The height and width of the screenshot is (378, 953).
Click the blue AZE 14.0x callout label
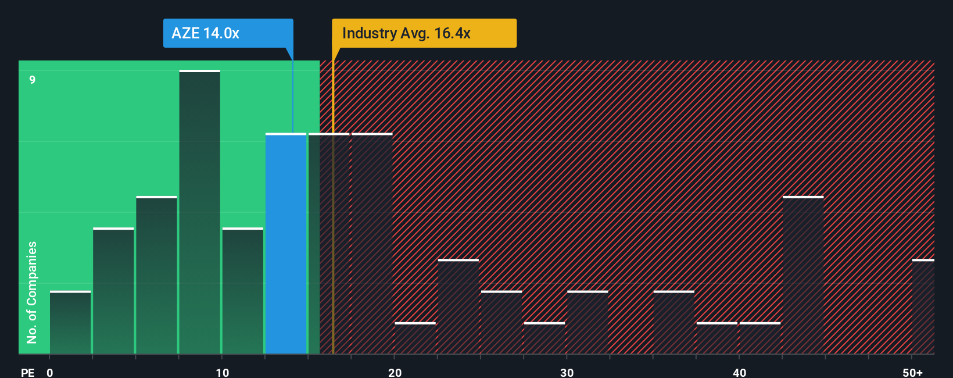228,33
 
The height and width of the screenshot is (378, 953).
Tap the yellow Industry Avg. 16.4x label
424,33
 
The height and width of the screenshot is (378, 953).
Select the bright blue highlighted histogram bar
286,244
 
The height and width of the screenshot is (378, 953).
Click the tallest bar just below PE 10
200,212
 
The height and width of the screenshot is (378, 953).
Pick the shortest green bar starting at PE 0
70,323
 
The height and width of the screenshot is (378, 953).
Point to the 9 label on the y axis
33,80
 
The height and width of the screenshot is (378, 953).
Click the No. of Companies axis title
32,292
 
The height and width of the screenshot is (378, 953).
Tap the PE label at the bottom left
27,372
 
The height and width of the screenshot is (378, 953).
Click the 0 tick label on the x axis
50,372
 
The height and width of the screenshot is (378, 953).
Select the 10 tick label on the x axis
222,372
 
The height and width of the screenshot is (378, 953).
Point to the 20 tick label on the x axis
395,372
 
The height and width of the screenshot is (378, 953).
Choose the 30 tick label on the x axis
567,372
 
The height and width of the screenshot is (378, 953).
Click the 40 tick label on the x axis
739,372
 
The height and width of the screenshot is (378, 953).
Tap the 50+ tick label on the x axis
912,372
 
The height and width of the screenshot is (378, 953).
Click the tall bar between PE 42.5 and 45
803,275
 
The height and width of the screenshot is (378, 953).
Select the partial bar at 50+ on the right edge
923,306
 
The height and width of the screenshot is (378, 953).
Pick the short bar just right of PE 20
415,338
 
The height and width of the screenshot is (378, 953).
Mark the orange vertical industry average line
333,233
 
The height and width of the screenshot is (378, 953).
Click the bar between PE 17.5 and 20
372,244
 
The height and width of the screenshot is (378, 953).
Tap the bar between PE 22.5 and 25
458,306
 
